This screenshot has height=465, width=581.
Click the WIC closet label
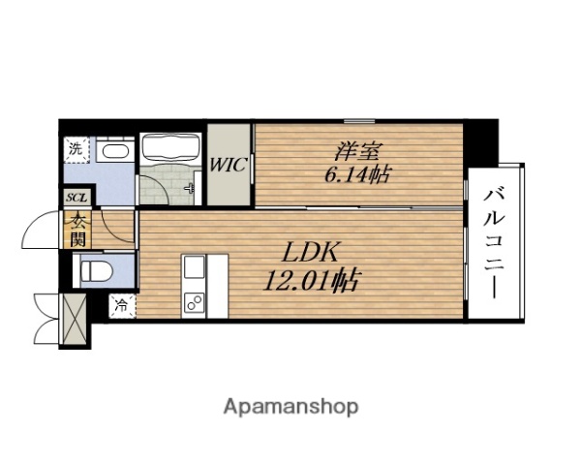(228, 165)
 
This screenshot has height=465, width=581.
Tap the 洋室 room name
(358, 151)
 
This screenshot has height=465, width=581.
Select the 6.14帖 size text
(357, 174)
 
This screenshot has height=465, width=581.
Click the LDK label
(311, 252)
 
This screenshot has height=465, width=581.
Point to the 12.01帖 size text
(311, 280)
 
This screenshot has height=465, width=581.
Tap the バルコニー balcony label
(494, 243)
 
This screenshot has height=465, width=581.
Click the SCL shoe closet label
(76, 198)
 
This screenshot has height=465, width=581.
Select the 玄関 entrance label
(77, 230)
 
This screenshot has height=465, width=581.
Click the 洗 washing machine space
(76, 150)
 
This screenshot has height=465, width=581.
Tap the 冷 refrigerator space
(122, 306)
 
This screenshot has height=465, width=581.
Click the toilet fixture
(96, 271)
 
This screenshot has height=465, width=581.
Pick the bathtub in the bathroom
(170, 147)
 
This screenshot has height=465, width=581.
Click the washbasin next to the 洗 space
(115, 151)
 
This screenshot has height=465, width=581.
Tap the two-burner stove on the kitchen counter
(194, 300)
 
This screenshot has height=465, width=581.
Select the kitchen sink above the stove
(194, 268)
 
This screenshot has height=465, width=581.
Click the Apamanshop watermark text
(290, 407)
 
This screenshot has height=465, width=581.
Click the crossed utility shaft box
(74, 320)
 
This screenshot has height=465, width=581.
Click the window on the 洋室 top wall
(358, 121)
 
